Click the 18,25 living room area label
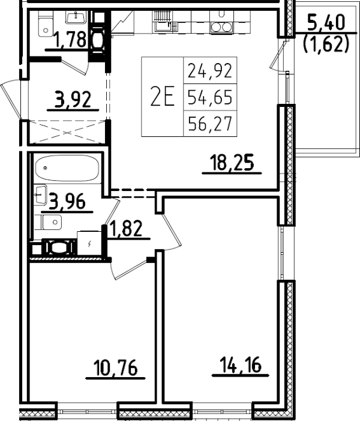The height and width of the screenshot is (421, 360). (x=232, y=162)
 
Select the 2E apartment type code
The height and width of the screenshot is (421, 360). (x=161, y=96)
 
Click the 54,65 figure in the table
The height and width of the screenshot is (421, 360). (x=209, y=96)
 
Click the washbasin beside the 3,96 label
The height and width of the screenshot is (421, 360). (x=40, y=193)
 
